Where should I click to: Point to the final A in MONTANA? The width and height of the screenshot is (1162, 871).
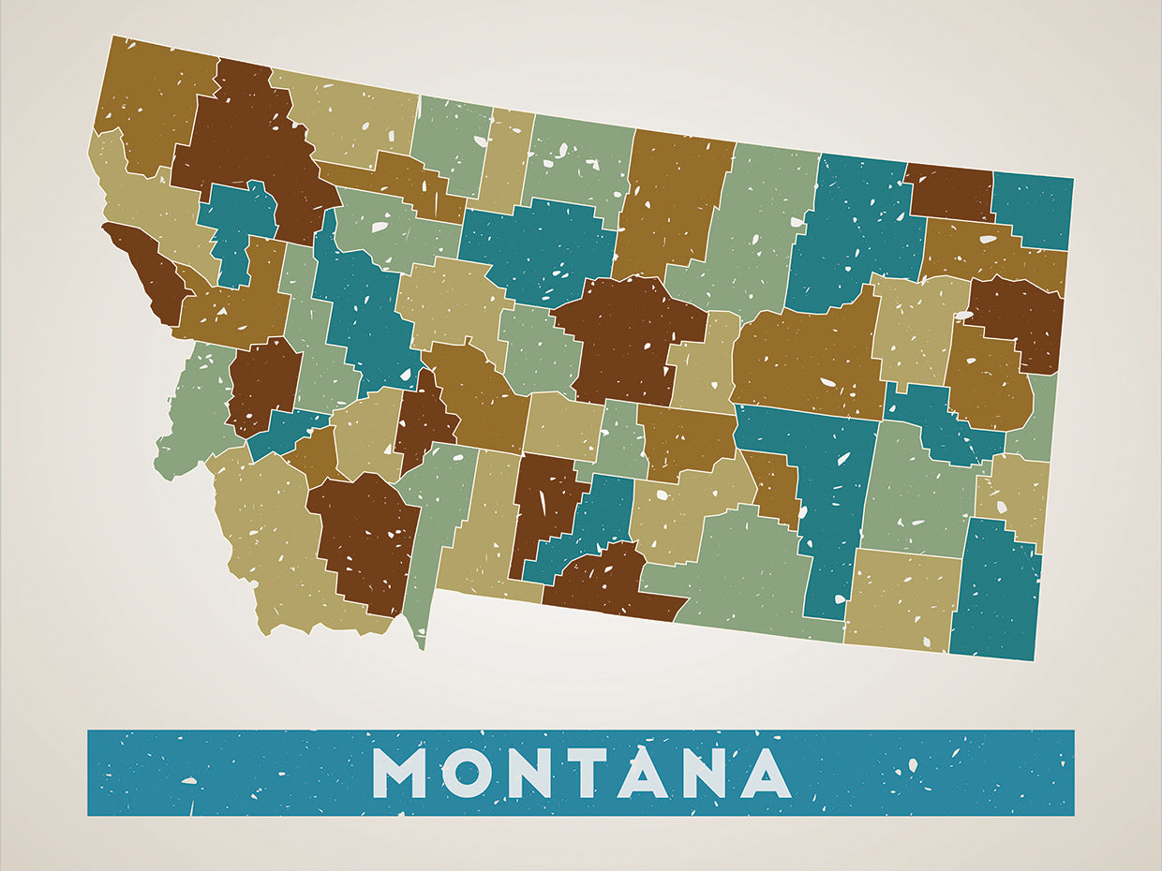(765, 773)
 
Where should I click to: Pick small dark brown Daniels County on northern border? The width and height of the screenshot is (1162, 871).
(948, 192)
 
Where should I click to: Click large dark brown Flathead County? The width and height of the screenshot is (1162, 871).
(248, 140)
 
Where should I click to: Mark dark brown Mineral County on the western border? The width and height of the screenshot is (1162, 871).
(150, 272)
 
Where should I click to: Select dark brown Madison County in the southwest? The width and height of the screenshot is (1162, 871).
(365, 543)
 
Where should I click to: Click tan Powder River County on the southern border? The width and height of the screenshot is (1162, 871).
(900, 599)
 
